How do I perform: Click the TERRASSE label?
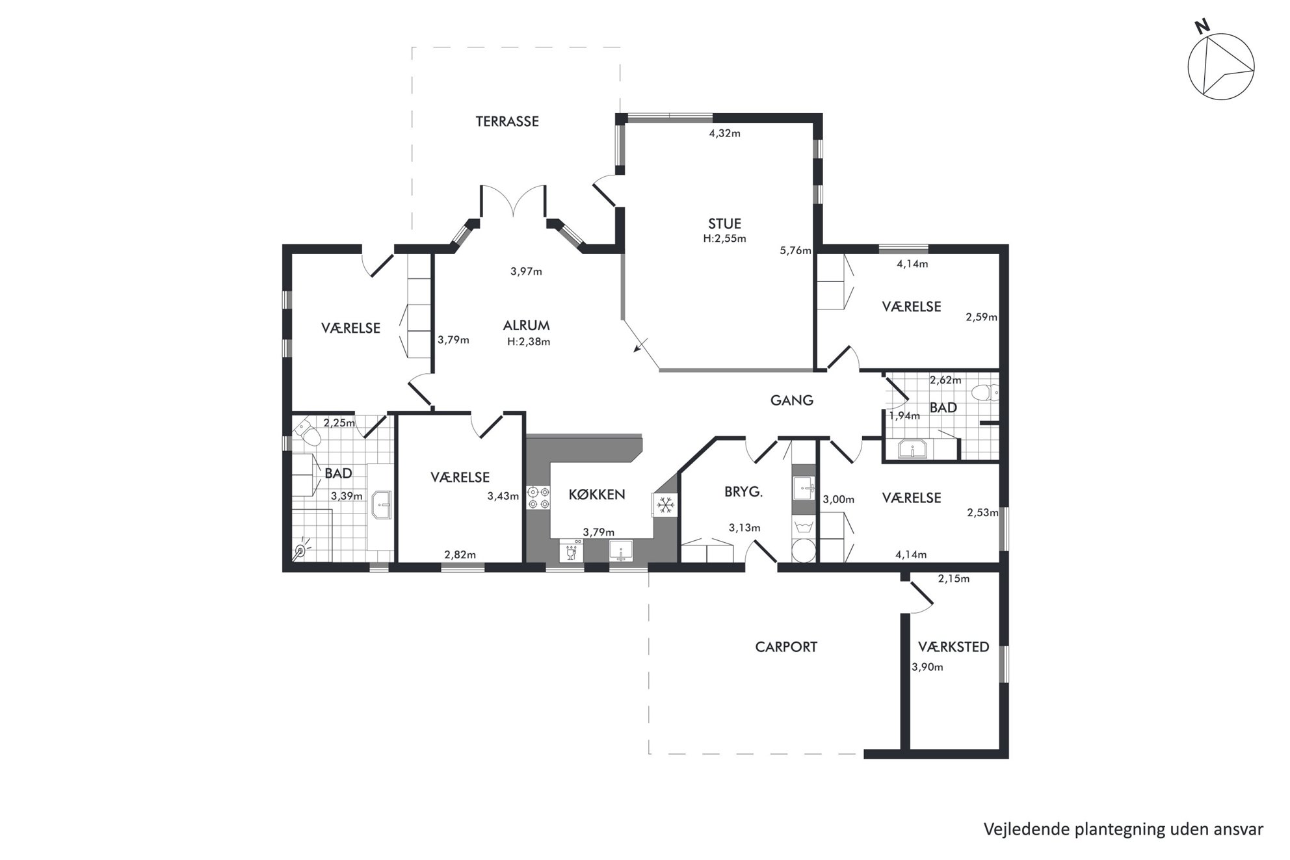pyautogui.click(x=507, y=122)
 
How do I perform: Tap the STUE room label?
pyautogui.click(x=724, y=224)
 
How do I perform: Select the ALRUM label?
pyautogui.click(x=526, y=326)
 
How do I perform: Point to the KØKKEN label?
pyautogui.click(x=597, y=495)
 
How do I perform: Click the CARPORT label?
pyautogui.click(x=786, y=647)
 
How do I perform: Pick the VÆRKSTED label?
pyautogui.click(x=954, y=647)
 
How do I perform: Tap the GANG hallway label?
pyautogui.click(x=792, y=400)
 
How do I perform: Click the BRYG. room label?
pyautogui.click(x=743, y=492)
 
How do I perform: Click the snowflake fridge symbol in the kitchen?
pyautogui.click(x=665, y=505)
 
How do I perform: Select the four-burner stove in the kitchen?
pyautogui.click(x=538, y=497)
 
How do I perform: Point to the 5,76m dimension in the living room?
pyautogui.click(x=796, y=250)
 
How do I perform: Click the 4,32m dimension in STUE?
pyautogui.click(x=724, y=134)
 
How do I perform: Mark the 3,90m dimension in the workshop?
pyautogui.click(x=927, y=667)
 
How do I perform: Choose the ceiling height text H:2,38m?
pyautogui.click(x=529, y=342)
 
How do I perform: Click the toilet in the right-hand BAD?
pyautogui.click(x=985, y=393)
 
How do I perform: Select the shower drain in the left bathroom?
pyautogui.click(x=300, y=552)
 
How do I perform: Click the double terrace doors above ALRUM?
pyautogui.click(x=513, y=200)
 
